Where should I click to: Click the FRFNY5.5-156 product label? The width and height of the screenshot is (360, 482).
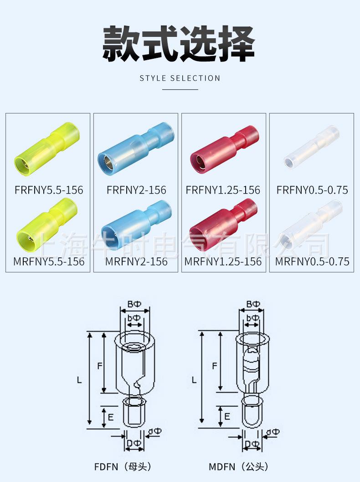(49, 190)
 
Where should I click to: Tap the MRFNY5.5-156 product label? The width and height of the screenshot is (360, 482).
(49, 262)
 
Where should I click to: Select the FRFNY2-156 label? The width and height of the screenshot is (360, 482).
(136, 190)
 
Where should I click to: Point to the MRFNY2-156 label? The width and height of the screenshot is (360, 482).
(136, 262)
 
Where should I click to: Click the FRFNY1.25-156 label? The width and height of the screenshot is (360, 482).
(223, 190)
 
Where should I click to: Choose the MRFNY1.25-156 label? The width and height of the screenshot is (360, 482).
(223, 262)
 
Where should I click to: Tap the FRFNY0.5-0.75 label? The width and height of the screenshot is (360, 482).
(312, 190)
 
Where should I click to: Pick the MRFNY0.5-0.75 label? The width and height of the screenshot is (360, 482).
(312, 262)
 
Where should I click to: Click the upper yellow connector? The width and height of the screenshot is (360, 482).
(47, 149)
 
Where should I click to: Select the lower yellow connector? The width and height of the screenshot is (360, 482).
(47, 225)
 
